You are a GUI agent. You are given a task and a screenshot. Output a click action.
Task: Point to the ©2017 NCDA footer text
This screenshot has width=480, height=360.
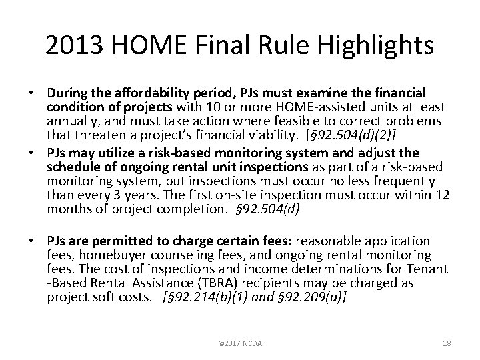pos(240,343)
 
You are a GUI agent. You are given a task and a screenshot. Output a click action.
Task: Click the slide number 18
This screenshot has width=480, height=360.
pos(446,343)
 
